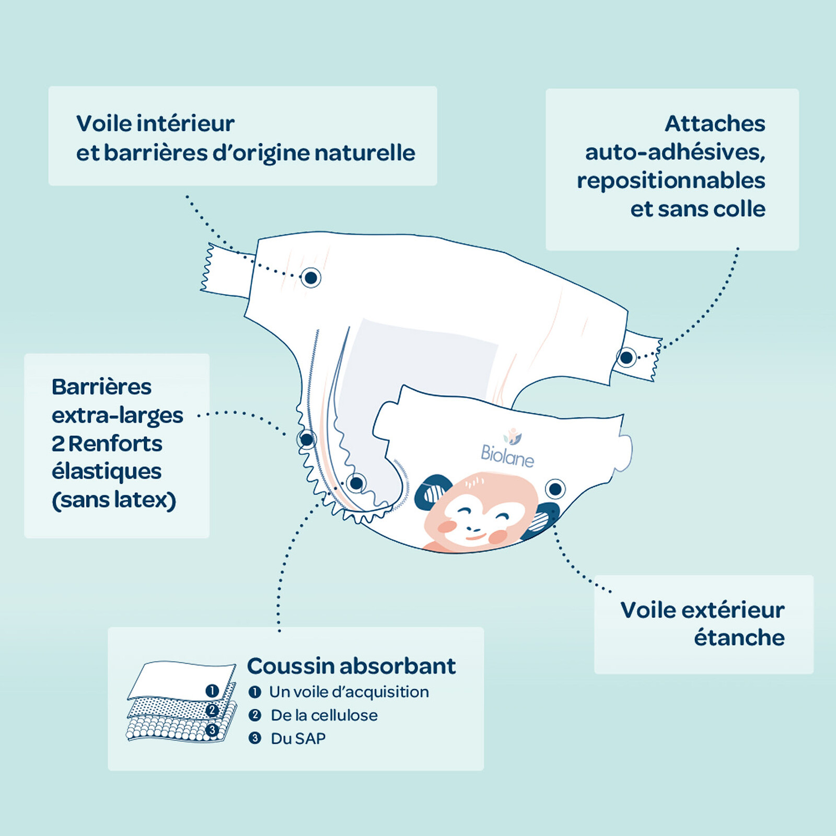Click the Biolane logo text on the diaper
(507, 456)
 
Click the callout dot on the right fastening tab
(626, 358)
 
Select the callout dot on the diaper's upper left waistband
(310, 277)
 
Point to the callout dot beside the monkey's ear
(555, 489)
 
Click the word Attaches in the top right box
(715, 124)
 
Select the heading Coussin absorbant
(351, 666)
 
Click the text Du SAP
(298, 738)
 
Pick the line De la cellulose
(324, 715)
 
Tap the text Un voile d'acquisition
(349, 692)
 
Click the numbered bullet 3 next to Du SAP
(254, 738)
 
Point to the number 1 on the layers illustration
(212, 691)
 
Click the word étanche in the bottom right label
(739, 637)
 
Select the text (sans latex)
(114, 500)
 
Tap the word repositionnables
(671, 181)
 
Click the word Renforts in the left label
(115, 444)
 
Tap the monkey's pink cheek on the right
(498, 536)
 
